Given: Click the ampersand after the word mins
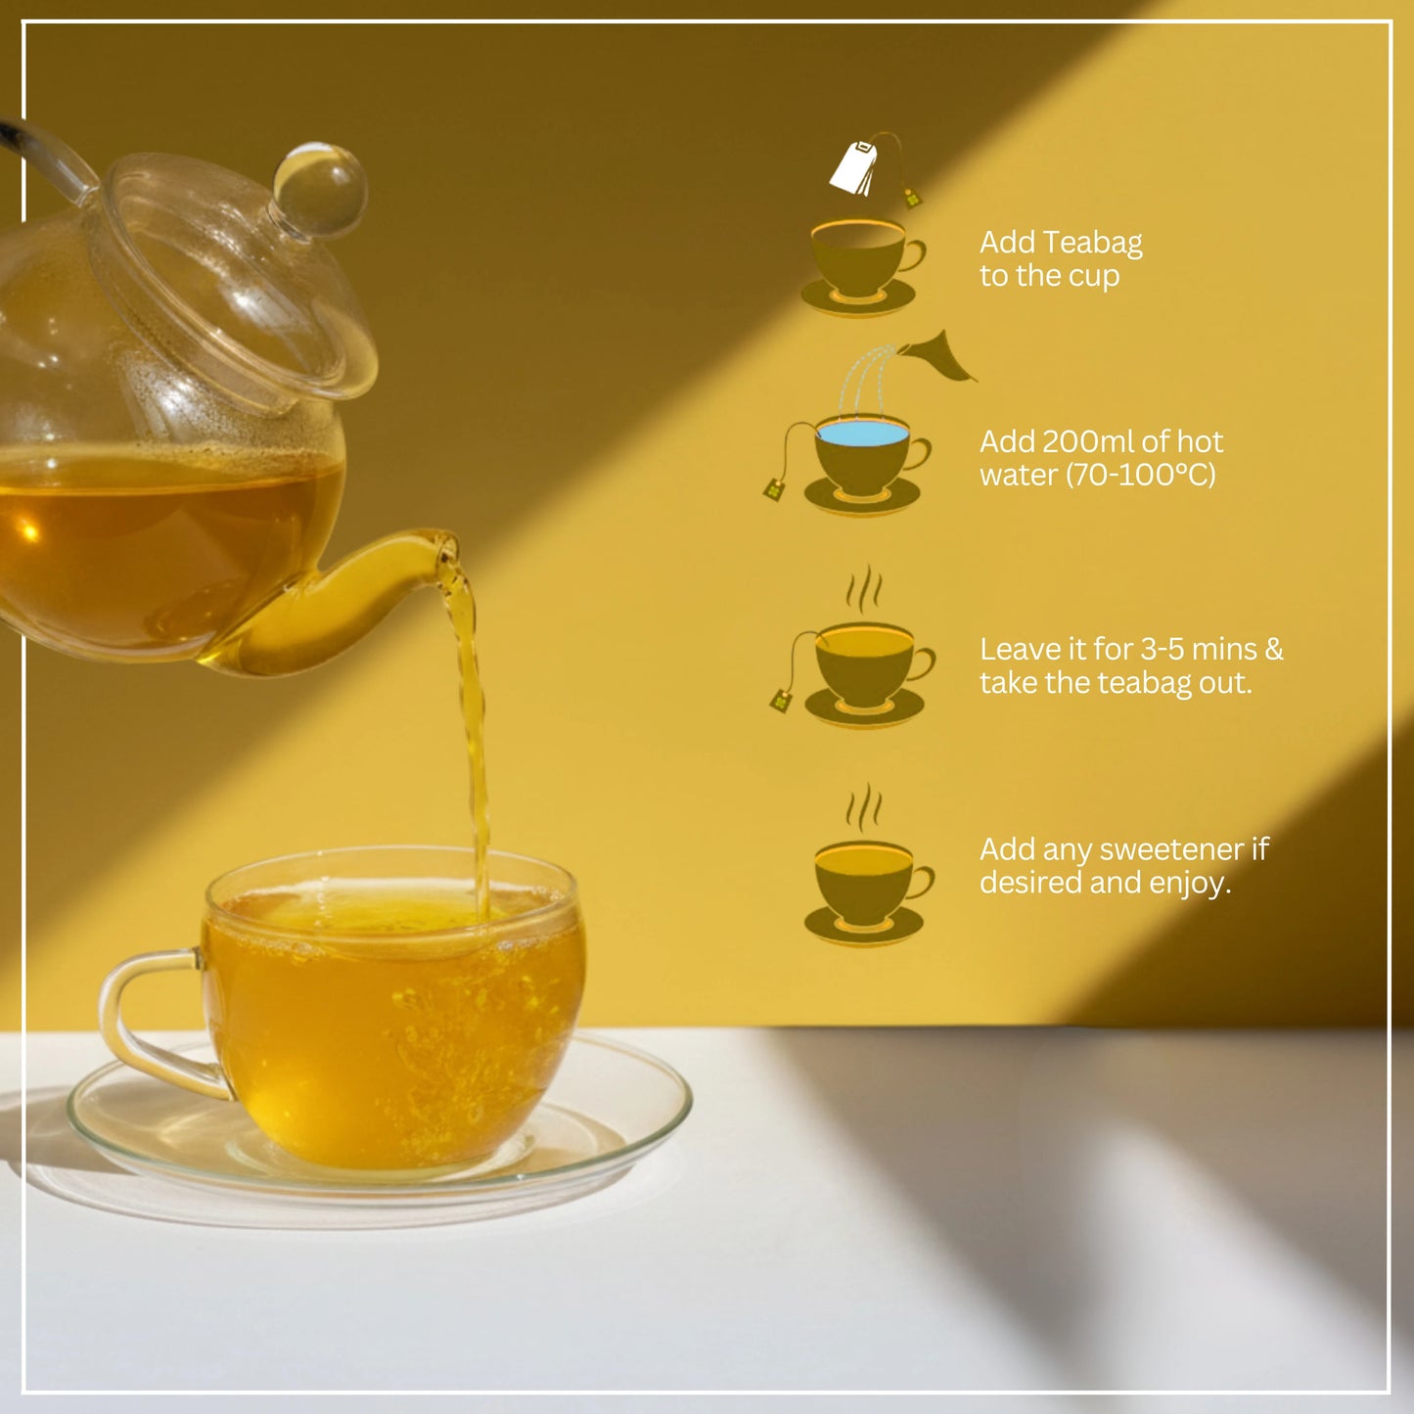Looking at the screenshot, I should pyautogui.click(x=1273, y=650).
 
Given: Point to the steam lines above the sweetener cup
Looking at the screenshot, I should pyautogui.click(x=863, y=807).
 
